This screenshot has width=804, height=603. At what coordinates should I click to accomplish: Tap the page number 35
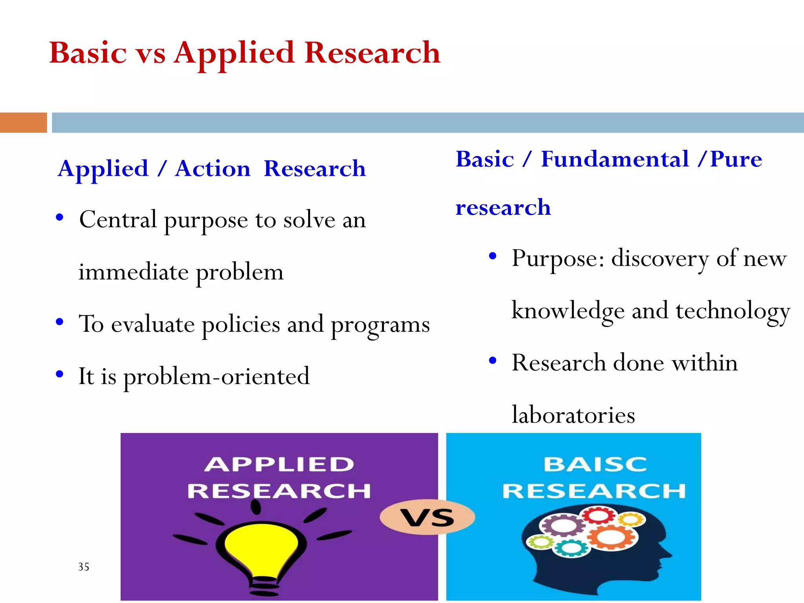click(84, 566)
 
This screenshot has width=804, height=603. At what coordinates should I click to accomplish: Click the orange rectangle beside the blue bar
click(23, 122)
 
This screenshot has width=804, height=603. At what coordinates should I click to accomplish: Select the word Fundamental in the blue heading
click(614, 159)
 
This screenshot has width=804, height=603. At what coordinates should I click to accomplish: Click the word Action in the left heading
click(212, 169)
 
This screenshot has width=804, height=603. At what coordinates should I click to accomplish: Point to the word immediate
click(133, 272)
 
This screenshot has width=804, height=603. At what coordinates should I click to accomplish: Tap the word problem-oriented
click(216, 376)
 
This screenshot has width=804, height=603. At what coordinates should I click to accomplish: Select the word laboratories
click(573, 415)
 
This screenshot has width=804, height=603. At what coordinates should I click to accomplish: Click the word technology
click(733, 311)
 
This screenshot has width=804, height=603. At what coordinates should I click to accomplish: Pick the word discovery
click(660, 259)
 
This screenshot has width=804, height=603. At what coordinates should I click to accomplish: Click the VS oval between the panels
click(427, 517)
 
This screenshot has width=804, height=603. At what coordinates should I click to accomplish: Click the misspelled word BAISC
click(595, 464)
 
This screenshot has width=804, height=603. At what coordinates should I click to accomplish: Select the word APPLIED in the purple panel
click(279, 464)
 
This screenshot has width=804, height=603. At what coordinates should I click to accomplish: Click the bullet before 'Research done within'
click(493, 360)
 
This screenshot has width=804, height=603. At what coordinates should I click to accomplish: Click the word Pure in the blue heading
click(736, 159)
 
